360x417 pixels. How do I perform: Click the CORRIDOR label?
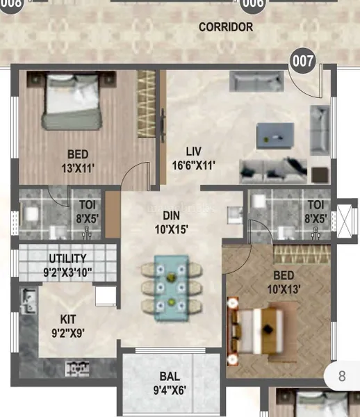[226, 27]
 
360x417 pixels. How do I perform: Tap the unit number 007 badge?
[303, 60]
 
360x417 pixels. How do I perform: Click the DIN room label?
[171, 215]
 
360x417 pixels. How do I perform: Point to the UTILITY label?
[68, 259]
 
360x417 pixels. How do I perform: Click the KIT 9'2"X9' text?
[68, 326]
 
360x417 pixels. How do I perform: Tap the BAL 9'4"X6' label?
[170, 383]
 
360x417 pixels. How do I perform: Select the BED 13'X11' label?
[78, 161]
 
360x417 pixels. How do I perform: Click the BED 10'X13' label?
[284, 282]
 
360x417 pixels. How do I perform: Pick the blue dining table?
[172, 288]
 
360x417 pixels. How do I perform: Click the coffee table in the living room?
[275, 136]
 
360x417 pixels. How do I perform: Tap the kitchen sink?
[28, 300]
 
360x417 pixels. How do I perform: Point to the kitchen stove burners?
[77, 368]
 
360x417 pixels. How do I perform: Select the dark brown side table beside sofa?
[320, 174]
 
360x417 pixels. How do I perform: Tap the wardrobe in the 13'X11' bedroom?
[146, 104]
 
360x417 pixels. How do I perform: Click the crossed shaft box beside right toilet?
[344, 221]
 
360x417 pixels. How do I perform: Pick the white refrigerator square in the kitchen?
[106, 296]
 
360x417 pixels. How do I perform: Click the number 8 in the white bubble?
[342, 376]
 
